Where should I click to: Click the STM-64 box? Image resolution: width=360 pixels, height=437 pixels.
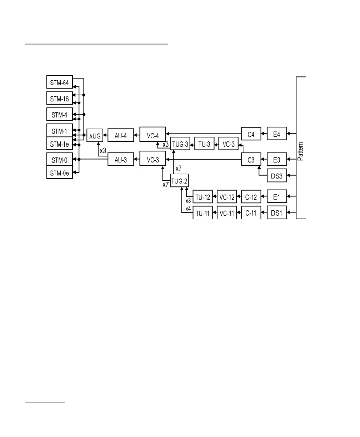point(60,82)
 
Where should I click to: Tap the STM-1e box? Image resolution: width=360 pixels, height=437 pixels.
point(60,144)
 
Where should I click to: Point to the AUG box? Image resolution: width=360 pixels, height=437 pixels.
point(95,135)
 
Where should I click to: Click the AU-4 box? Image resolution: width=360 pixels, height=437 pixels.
point(120,135)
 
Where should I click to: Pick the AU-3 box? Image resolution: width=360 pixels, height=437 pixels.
point(120,160)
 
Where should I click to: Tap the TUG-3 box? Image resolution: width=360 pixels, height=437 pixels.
point(180,144)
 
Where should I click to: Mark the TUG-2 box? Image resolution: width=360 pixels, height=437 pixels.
point(179,181)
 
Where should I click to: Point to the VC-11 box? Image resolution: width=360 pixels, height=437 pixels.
point(226,214)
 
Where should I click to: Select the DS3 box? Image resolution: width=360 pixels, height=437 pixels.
point(277,175)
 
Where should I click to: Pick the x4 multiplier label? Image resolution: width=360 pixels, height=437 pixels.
point(188,209)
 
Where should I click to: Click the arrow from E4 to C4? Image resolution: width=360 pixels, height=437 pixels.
point(264,134)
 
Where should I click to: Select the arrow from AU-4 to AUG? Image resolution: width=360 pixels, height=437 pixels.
point(105,135)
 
